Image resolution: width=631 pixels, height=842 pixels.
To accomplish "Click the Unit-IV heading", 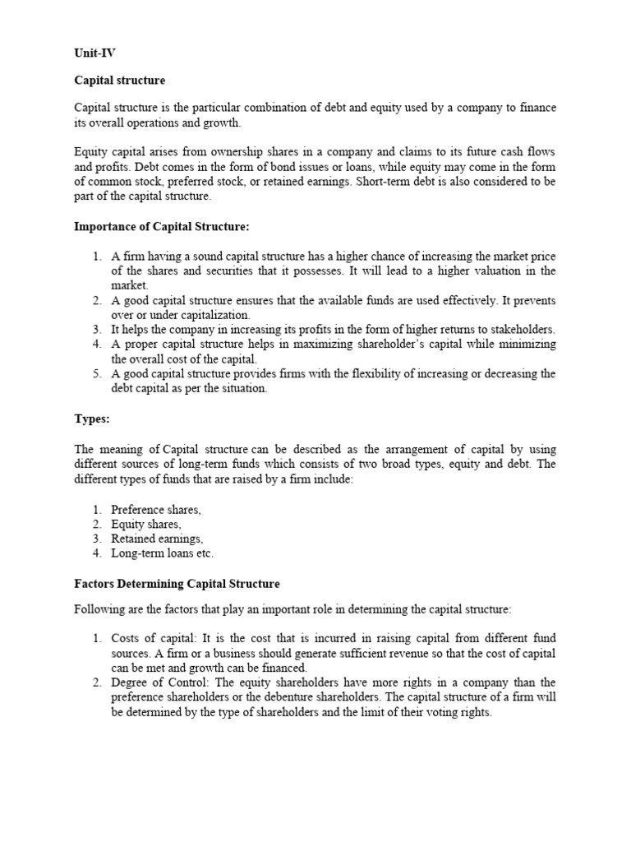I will (x=94, y=53).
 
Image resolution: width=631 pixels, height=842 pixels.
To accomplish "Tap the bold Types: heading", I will (x=91, y=419).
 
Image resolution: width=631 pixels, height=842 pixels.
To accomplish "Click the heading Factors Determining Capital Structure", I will (x=177, y=584).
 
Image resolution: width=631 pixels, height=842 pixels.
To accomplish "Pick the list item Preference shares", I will (x=156, y=510).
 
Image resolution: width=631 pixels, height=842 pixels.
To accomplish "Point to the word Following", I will (x=100, y=609).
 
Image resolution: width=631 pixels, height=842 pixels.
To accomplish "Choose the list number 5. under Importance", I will (x=96, y=374).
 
